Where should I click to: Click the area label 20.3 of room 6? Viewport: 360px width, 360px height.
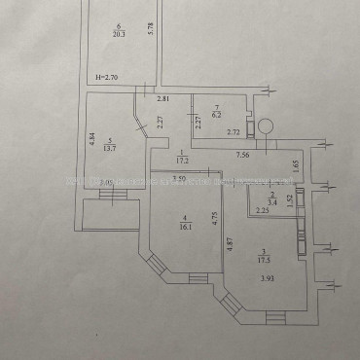point(118,34)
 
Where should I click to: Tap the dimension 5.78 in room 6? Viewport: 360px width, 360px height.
point(150,29)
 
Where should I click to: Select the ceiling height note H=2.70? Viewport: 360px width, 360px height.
point(106,76)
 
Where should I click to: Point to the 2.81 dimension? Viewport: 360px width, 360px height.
point(163,98)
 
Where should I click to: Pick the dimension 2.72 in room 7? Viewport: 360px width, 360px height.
point(234,130)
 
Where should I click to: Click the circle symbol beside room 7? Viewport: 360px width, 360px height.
point(263,124)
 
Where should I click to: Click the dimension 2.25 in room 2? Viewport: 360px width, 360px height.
point(262,210)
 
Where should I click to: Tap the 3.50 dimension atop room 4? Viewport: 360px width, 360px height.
point(180,178)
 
